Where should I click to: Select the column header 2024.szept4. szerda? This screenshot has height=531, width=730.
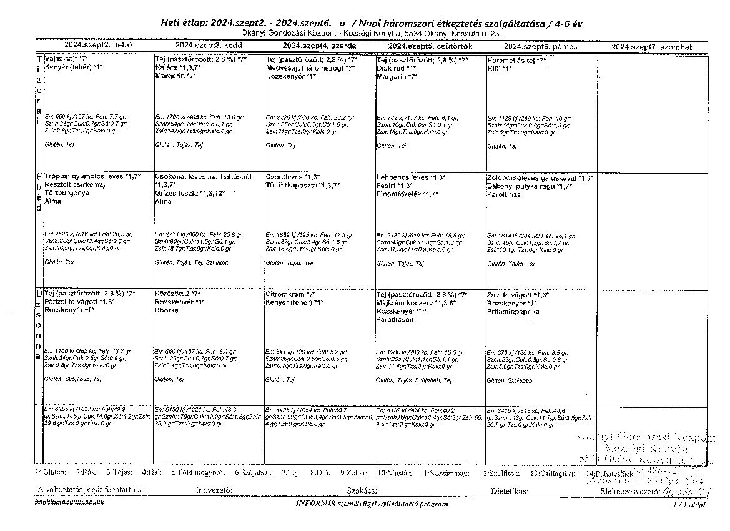pyautogui.click(x=319, y=46)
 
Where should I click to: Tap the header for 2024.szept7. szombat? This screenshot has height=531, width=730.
pyautogui.click(x=651, y=47)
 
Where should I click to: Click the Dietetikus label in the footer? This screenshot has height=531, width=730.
pyautogui.click(x=510, y=490)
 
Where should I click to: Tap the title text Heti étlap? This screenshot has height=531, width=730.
pyautogui.click(x=185, y=22)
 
